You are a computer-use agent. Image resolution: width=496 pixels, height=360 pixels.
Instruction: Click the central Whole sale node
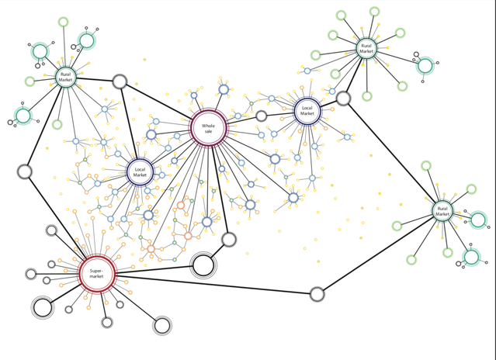coord(208,129)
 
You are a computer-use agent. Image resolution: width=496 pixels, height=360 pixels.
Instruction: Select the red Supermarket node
coord(97,273)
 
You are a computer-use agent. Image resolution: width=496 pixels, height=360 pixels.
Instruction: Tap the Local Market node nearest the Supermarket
coord(140,171)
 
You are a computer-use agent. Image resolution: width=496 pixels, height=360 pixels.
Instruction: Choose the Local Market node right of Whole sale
coord(307,112)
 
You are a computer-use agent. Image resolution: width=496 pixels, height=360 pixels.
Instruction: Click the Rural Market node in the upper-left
coord(65,77)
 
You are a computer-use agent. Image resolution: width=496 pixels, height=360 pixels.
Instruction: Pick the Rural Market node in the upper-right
coord(366,48)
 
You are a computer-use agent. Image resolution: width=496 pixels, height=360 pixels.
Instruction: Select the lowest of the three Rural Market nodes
coord(442,210)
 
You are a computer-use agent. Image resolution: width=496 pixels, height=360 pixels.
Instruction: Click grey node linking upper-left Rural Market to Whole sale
coord(120,81)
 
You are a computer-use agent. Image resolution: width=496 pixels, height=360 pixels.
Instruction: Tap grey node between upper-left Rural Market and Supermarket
coord(25,171)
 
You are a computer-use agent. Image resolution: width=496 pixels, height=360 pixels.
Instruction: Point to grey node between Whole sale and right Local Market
coord(262,116)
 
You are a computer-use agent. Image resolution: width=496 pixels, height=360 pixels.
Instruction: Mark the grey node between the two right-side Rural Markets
coord(343,98)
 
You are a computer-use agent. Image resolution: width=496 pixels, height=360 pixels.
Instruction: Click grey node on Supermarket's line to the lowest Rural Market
coord(317,294)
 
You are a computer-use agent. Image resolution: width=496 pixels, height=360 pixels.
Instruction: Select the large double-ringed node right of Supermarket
coord(203,265)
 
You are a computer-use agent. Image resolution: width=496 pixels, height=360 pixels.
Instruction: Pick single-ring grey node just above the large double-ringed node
coord(229,239)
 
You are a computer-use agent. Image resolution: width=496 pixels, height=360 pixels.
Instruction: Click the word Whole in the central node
coord(208,125)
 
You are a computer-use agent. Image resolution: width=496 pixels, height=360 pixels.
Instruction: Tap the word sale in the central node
coord(208,132)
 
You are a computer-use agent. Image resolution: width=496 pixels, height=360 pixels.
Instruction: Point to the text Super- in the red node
coord(97,270)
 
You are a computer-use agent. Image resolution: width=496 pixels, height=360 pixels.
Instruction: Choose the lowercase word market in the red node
coord(97,276)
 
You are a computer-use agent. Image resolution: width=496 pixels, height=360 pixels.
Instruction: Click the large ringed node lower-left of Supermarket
coord(43,307)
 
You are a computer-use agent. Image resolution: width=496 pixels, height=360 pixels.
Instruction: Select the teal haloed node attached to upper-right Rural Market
coord(425,66)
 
